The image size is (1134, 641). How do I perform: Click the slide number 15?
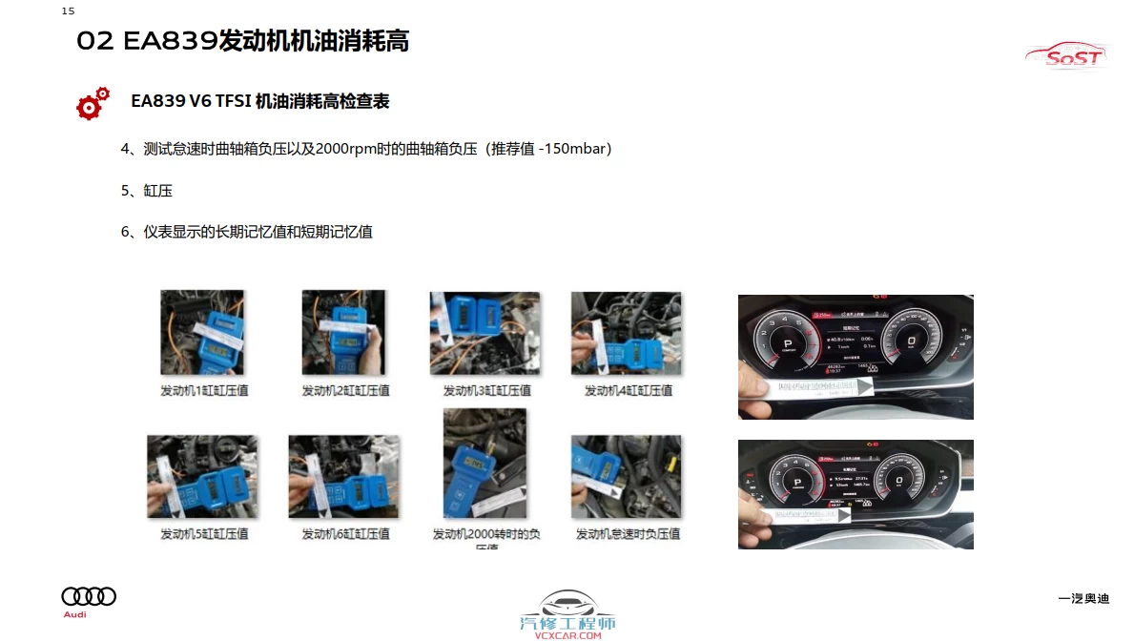tap(68, 11)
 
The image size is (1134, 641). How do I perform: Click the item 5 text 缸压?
tap(158, 191)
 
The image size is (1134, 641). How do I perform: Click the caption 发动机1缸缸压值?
tap(203, 390)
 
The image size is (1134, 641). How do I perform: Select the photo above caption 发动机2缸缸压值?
tap(343, 333)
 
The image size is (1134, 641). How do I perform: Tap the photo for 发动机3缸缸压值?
tap(485, 333)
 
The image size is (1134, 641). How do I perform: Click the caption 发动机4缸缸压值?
tap(628, 390)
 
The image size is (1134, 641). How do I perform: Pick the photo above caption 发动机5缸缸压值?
tap(202, 477)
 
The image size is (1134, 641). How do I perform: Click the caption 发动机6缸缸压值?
tap(345, 534)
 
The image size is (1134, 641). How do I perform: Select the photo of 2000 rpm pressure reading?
tap(485, 464)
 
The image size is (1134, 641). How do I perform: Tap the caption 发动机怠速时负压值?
tap(628, 534)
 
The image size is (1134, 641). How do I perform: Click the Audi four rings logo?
tap(89, 596)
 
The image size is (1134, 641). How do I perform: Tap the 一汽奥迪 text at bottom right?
tap(1083, 599)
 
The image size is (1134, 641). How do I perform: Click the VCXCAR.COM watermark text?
tap(567, 635)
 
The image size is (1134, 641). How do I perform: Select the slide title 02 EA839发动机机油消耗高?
tap(242, 41)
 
